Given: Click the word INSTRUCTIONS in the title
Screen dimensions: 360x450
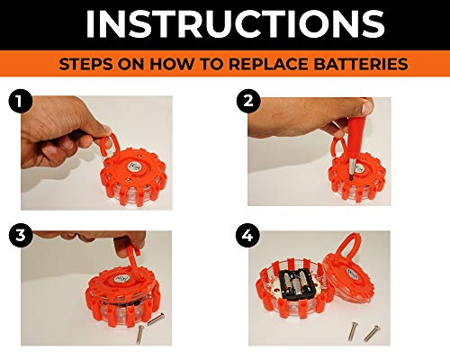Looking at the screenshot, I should [225, 24].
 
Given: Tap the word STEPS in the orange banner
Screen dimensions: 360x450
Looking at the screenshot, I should [85, 66].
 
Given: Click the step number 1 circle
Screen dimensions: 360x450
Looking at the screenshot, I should [15, 101].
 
